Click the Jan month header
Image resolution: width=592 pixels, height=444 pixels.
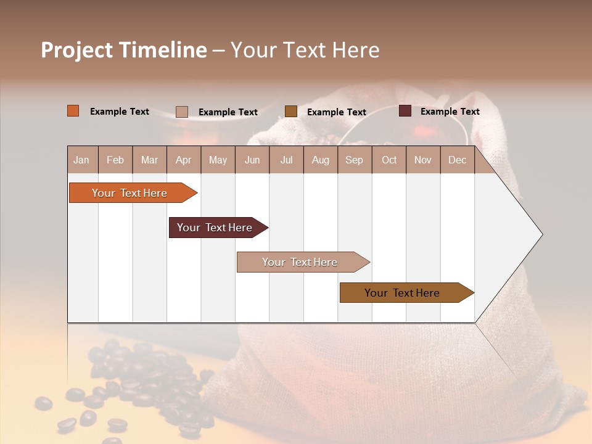[82, 160]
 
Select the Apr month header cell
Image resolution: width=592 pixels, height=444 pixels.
[184, 160]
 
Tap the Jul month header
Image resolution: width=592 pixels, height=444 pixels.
[286, 160]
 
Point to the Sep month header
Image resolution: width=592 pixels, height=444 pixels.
[354, 160]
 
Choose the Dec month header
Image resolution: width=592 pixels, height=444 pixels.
[457, 160]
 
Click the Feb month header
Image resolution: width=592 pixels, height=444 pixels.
[115, 160]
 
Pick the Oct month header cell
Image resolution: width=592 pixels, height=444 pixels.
[389, 160]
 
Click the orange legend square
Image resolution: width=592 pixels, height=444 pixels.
[73, 111]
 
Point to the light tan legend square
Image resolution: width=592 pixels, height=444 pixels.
[182, 112]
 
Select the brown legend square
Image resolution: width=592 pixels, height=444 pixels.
[291, 112]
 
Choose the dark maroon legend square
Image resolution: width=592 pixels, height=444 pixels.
[405, 111]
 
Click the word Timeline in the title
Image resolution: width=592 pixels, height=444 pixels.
[162, 50]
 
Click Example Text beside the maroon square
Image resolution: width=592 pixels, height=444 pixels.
[450, 112]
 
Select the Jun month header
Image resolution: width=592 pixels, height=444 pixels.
[252, 160]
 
